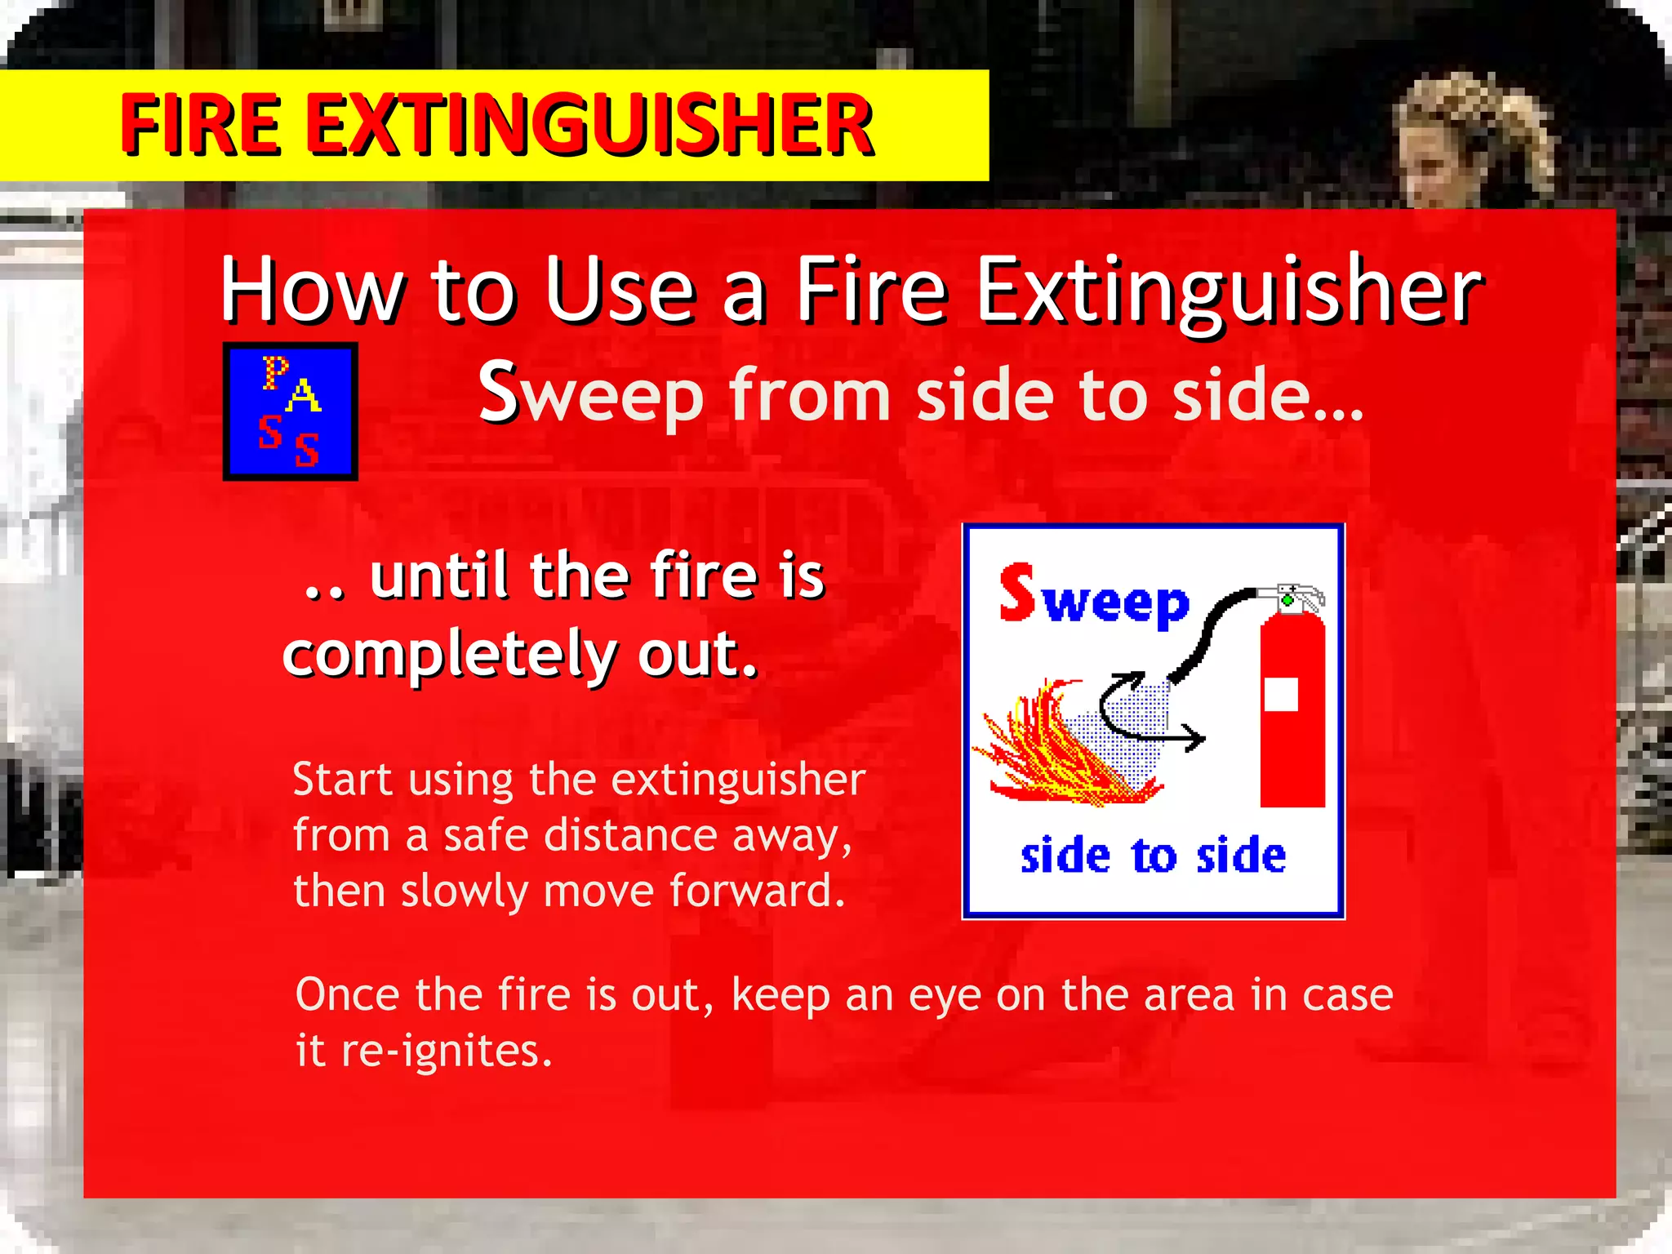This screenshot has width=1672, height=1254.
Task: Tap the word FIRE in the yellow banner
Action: point(201,125)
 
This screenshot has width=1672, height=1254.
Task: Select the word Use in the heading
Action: point(620,290)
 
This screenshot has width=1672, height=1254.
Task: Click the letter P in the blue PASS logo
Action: point(275,371)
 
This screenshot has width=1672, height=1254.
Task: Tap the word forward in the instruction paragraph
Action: point(757,891)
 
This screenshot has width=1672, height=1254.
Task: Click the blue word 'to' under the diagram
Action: point(1154,857)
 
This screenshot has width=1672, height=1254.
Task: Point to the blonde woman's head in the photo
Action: point(1461,139)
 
